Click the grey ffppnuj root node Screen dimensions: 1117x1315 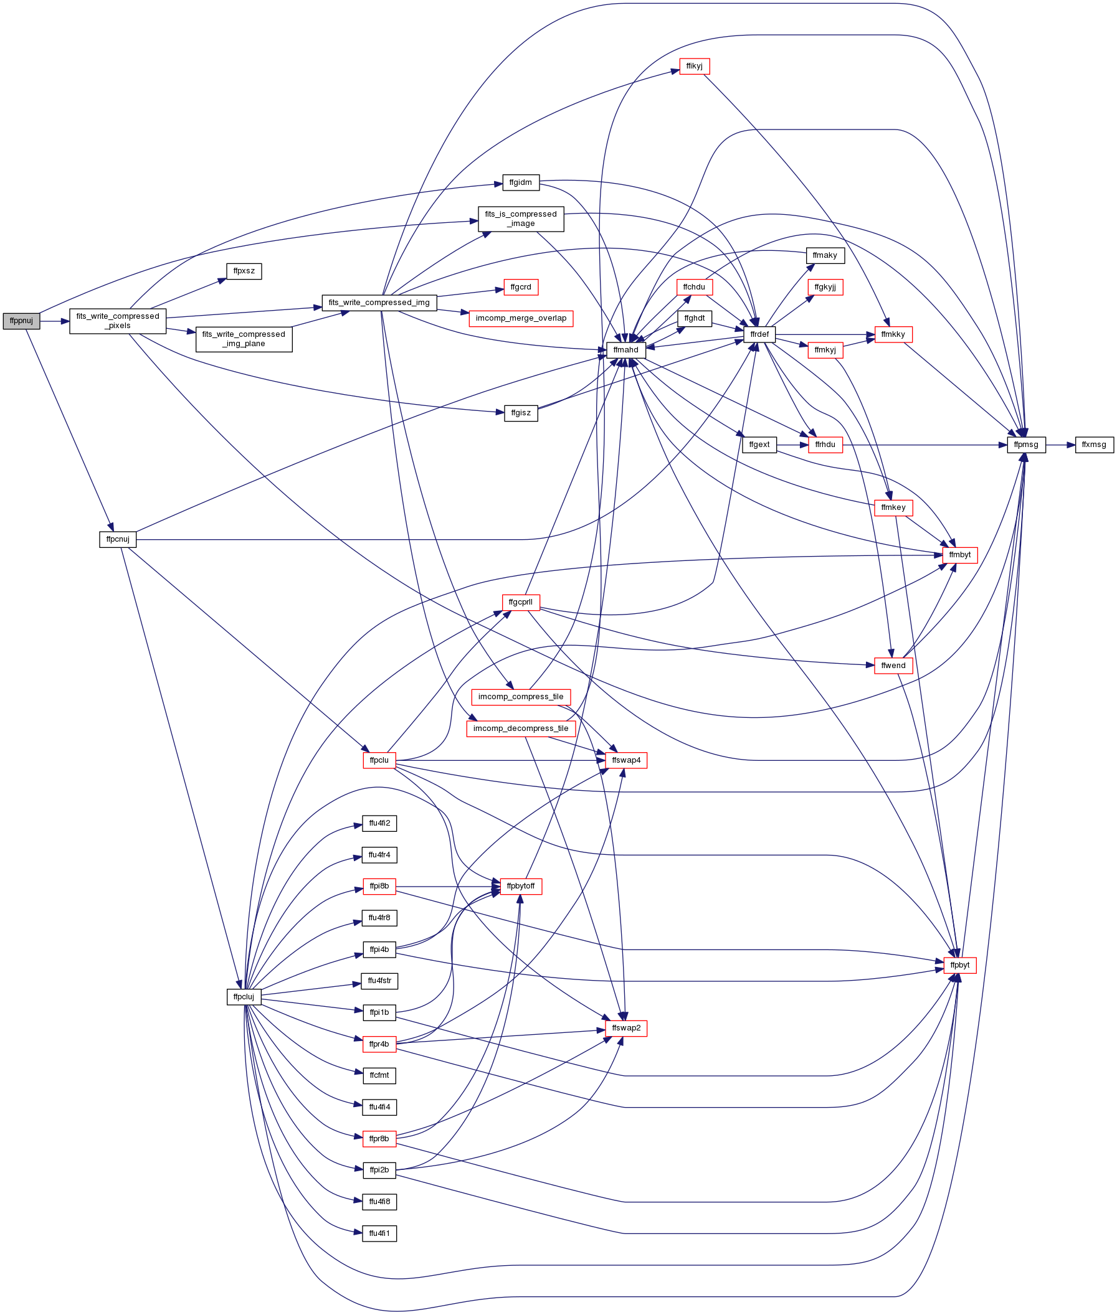tap(22, 321)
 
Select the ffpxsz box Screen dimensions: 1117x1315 tap(244, 271)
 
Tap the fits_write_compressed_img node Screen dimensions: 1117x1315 tap(379, 303)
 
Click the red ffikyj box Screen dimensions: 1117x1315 tap(694, 66)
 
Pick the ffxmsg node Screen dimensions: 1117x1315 tap(1094, 445)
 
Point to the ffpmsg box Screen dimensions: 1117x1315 tap(1026, 445)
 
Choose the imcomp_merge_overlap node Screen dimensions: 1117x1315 tap(521, 318)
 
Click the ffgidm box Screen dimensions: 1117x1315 tap(521, 183)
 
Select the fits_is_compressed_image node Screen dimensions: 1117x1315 tap(521, 219)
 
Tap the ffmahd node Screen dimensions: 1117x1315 tap(625, 350)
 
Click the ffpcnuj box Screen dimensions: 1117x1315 tap(118, 539)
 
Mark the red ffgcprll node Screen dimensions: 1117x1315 tap(521, 602)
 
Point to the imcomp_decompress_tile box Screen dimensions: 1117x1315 tap(521, 728)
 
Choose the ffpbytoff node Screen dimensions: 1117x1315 tap(521, 886)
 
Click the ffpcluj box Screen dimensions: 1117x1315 tap(244, 997)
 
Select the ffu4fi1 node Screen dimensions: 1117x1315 tap(379, 1233)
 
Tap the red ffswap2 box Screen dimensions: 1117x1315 tap(626, 1029)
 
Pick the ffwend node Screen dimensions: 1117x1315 tap(893, 666)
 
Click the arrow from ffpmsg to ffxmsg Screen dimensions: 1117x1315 tap(1061, 445)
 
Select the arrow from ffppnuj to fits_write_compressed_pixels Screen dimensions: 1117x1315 tap(54, 321)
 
